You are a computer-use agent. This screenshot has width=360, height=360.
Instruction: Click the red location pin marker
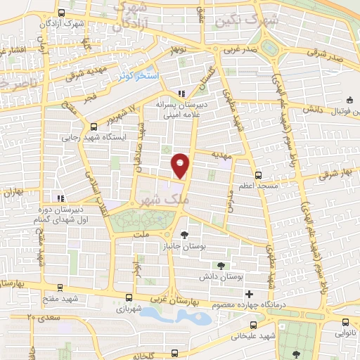coord(181,165)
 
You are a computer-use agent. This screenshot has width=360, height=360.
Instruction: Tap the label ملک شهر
coord(171,200)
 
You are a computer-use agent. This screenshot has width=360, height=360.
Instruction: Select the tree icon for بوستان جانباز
coord(184,235)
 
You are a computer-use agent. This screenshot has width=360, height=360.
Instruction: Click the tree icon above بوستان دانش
coord(221,265)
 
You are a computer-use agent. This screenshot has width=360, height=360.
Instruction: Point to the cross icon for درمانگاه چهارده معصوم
coord(248,292)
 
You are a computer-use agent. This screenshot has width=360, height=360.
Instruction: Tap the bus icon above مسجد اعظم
coord(258,174)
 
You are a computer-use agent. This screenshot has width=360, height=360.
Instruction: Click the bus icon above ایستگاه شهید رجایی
coord(94,127)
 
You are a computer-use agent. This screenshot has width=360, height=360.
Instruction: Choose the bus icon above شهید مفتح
coord(60,287)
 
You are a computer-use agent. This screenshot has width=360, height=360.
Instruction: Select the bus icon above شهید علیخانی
coord(252,316)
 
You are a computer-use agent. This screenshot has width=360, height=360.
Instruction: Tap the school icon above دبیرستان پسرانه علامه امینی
coord(181,93)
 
